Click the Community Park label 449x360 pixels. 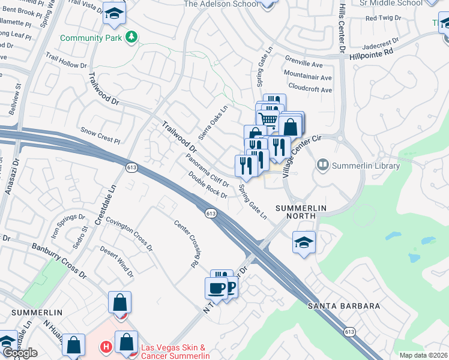(x=91, y=38)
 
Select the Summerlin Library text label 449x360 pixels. (x=364, y=165)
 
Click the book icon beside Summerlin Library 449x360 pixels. (x=323, y=164)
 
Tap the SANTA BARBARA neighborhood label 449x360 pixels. (x=344, y=306)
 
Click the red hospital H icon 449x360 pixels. (x=106, y=347)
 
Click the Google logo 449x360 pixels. (x=20, y=353)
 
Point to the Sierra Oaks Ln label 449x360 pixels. (x=218, y=122)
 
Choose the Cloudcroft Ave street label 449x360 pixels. (x=310, y=89)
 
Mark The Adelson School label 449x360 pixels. (x=221, y=4)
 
